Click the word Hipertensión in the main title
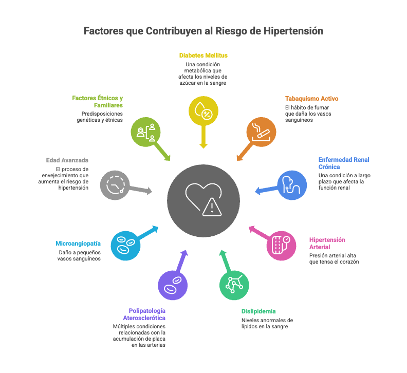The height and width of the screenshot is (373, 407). [293, 31]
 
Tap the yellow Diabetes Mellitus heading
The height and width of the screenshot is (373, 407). [203, 55]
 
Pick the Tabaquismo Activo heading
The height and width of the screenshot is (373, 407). [311, 98]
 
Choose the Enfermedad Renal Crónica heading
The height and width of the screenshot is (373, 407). [344, 163]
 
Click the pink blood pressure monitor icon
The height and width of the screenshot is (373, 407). [281, 245]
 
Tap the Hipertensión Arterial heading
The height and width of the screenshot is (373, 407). [327, 243]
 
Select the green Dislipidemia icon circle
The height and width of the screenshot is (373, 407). [234, 284]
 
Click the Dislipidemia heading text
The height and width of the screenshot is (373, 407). [258, 311]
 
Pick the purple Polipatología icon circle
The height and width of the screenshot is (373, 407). [173, 285]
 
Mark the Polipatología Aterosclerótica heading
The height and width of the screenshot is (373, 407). [147, 314]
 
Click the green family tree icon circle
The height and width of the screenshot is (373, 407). [145, 132]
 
